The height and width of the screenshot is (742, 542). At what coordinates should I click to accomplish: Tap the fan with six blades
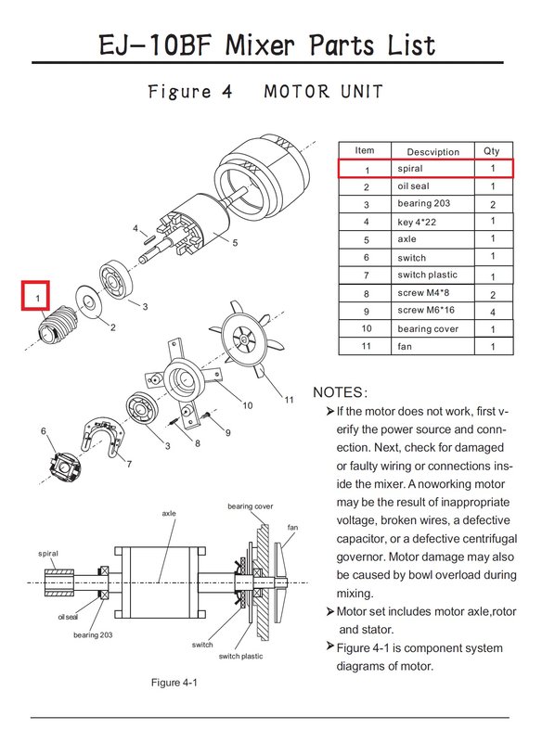tap(247, 338)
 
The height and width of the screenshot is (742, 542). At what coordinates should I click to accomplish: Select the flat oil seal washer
tap(87, 302)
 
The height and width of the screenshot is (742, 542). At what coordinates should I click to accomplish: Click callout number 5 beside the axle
tap(235, 243)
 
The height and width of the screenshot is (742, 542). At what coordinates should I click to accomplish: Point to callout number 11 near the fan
tap(289, 400)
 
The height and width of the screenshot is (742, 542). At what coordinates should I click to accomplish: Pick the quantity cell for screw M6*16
tap(493, 312)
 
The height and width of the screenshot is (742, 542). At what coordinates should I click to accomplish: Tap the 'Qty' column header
tap(491, 151)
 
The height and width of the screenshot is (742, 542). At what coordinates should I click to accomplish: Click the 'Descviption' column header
tap(432, 151)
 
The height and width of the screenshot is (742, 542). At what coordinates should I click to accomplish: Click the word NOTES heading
tap(340, 392)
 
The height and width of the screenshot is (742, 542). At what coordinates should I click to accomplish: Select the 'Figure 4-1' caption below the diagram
tap(174, 683)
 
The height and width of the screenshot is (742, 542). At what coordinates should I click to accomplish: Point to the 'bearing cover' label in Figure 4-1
tap(250, 506)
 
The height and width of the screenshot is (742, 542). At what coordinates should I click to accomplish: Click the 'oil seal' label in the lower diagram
tap(68, 617)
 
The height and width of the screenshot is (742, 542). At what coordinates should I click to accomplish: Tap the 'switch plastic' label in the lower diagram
tap(240, 656)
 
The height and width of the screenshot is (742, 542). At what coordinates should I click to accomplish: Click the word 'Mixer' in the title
tap(260, 45)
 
